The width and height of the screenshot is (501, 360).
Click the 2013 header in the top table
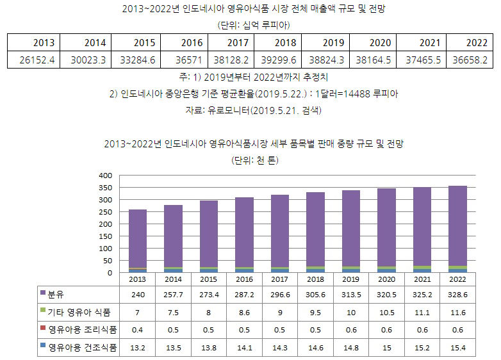click(x=44, y=43)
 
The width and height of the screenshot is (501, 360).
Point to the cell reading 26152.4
click(x=35, y=60)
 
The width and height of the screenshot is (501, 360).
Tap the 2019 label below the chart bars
click(x=350, y=279)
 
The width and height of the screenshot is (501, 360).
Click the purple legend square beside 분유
click(x=43, y=293)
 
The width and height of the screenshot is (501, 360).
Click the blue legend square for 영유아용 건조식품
click(x=43, y=347)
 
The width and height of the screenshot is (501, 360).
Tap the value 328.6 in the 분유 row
click(x=457, y=294)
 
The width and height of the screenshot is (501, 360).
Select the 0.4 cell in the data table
click(x=137, y=330)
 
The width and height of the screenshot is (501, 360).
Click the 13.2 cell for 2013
click(x=137, y=348)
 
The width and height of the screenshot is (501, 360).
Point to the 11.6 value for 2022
click(x=457, y=312)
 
